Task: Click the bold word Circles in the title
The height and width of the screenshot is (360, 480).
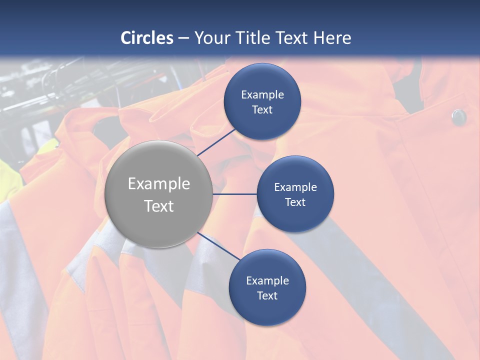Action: pos(147,38)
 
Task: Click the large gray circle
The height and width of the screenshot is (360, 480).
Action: pos(159,194)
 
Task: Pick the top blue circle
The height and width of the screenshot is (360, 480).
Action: pos(262,101)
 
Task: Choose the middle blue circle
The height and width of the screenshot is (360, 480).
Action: pos(295,194)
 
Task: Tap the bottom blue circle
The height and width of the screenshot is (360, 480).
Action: pos(267,287)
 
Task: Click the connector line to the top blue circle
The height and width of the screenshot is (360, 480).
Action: pos(217,141)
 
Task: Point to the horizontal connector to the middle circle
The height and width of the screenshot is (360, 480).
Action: pos(234,194)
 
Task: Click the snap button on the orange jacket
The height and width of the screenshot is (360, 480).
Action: pos(458,117)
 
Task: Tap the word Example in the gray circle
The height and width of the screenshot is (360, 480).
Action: pos(159,184)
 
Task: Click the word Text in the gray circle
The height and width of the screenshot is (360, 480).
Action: pos(159,206)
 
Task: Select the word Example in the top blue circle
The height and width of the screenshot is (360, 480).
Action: pos(262,94)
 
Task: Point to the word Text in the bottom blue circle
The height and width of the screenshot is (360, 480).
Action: pos(267,295)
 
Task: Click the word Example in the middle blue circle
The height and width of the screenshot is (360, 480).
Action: pos(295,187)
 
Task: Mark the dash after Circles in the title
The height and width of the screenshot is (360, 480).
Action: pos(183,38)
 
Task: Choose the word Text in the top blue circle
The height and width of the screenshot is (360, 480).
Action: pos(262,109)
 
